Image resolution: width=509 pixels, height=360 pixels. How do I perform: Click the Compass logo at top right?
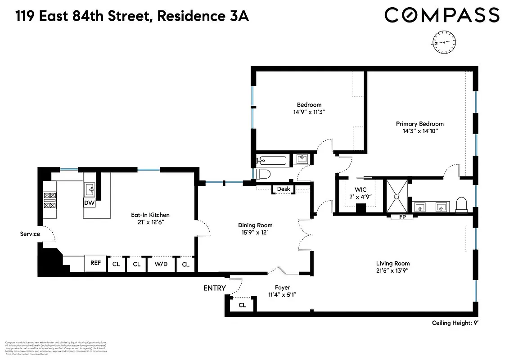pos(441,15)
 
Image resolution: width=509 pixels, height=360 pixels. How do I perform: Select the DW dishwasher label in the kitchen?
pos(90,203)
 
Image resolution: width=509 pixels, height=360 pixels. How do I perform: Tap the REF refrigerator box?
pos(95,263)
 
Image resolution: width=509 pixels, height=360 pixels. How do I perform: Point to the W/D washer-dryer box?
pos(161,264)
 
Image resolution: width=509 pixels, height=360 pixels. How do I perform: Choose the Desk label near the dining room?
pos(284,189)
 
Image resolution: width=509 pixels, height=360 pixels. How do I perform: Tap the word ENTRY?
pos(215,288)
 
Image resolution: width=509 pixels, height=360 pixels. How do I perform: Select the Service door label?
pos(30,234)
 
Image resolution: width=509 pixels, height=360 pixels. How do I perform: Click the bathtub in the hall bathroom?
pos(271,161)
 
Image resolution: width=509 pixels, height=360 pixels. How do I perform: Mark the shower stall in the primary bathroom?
pos(397,196)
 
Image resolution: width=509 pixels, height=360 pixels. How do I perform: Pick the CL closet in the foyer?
pos(242,305)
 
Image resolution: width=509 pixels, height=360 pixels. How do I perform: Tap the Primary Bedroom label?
pos(419,124)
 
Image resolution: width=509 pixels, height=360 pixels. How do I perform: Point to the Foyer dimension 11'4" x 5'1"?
pos(283,295)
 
